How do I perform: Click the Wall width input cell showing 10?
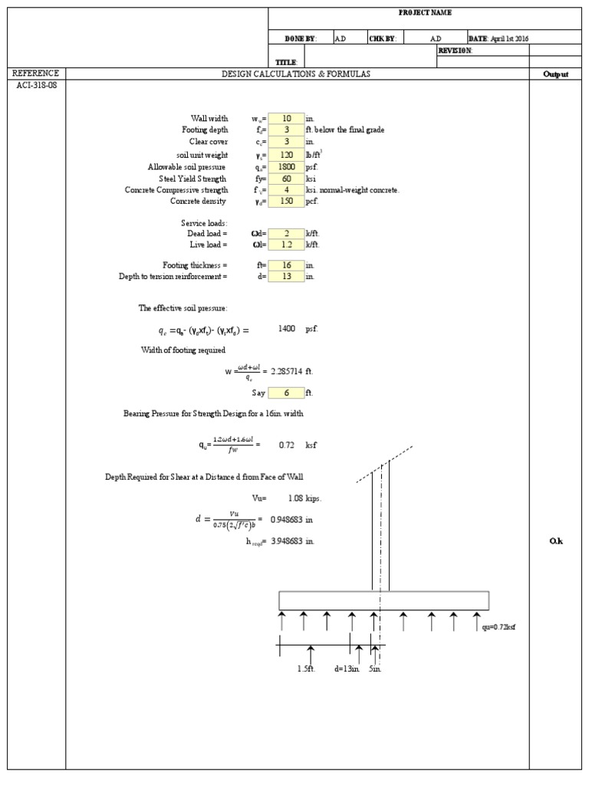pyautogui.click(x=287, y=119)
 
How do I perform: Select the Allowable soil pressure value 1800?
pyautogui.click(x=287, y=166)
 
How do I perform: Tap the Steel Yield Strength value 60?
pyautogui.click(x=287, y=178)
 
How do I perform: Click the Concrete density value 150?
pyautogui.click(x=287, y=202)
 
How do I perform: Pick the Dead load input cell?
pyautogui.click(x=287, y=233)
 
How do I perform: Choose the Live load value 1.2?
pyautogui.click(x=287, y=245)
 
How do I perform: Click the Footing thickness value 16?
pyautogui.click(x=287, y=264)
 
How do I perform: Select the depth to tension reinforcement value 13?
pyautogui.click(x=287, y=276)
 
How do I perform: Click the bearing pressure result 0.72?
pyautogui.click(x=288, y=445)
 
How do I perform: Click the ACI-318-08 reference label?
pyautogui.click(x=36, y=85)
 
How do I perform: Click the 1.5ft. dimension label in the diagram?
pyautogui.click(x=307, y=668)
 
